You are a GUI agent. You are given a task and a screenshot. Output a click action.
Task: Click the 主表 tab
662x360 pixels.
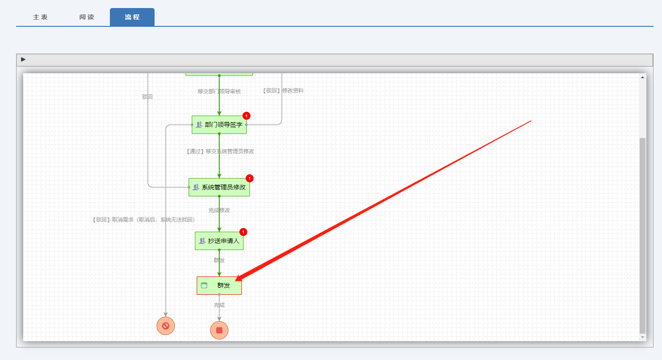[40, 17]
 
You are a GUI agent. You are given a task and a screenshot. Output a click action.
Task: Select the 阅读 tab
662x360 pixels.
[87, 17]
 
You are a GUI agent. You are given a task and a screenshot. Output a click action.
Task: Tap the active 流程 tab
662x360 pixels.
[132, 17]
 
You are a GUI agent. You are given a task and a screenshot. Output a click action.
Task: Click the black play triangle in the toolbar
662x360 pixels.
[23, 59]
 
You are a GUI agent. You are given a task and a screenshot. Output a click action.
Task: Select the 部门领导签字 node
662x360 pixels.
[219, 125]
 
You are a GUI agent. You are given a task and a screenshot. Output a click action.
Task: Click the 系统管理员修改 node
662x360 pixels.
[219, 187]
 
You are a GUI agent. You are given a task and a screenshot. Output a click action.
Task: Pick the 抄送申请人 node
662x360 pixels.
[219, 241]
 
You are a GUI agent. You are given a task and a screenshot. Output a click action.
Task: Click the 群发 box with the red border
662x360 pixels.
[219, 285]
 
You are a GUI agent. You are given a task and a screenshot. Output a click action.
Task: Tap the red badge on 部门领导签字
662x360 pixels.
[246, 116]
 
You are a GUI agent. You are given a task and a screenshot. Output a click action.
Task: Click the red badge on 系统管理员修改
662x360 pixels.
[250, 178]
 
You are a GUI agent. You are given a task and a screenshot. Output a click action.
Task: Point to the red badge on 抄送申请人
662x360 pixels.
[243, 232]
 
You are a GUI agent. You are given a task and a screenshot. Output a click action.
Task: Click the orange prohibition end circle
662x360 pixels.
[166, 326]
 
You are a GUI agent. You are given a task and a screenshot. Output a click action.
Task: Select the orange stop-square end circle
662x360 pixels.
[219, 330]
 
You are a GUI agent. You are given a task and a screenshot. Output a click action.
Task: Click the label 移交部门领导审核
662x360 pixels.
[219, 91]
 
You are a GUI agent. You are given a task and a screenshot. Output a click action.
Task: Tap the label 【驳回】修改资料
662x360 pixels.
[283, 90]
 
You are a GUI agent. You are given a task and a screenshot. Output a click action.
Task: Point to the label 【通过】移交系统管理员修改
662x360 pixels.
[220, 151]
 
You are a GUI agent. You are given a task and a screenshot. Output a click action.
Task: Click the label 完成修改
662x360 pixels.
[219, 210]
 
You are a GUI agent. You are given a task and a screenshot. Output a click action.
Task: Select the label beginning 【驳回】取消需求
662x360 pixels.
[143, 220]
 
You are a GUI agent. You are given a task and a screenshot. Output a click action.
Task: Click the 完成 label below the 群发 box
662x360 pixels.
[219, 305]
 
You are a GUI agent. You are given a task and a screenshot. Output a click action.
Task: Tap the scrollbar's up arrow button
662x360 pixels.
[643, 77]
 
